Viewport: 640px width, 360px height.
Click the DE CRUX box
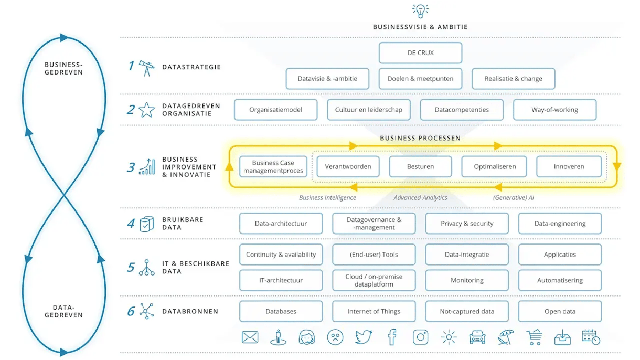point(420,53)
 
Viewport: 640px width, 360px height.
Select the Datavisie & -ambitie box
point(327,79)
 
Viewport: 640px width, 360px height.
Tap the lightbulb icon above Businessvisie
point(420,10)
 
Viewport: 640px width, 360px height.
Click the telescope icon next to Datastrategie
point(146,67)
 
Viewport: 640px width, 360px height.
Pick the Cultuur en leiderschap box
point(369,110)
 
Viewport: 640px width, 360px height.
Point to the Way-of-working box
point(554,110)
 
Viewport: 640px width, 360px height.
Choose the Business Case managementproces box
point(273,167)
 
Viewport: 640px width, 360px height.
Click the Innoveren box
point(569,166)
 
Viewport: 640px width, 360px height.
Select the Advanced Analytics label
point(420,198)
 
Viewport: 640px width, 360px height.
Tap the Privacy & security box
point(467,224)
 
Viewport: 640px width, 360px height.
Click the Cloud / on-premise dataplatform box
point(374,280)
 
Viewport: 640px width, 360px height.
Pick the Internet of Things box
point(374,311)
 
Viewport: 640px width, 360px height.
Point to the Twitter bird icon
point(363,337)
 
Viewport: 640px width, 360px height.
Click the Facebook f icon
point(392,337)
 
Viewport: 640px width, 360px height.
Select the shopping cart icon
point(534,337)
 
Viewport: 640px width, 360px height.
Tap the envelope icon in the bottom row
point(250,337)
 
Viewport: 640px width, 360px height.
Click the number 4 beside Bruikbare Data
point(131,224)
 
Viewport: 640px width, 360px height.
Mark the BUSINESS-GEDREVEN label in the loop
point(63,68)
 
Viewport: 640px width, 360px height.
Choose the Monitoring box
point(467,280)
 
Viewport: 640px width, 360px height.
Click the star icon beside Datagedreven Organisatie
point(146,110)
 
